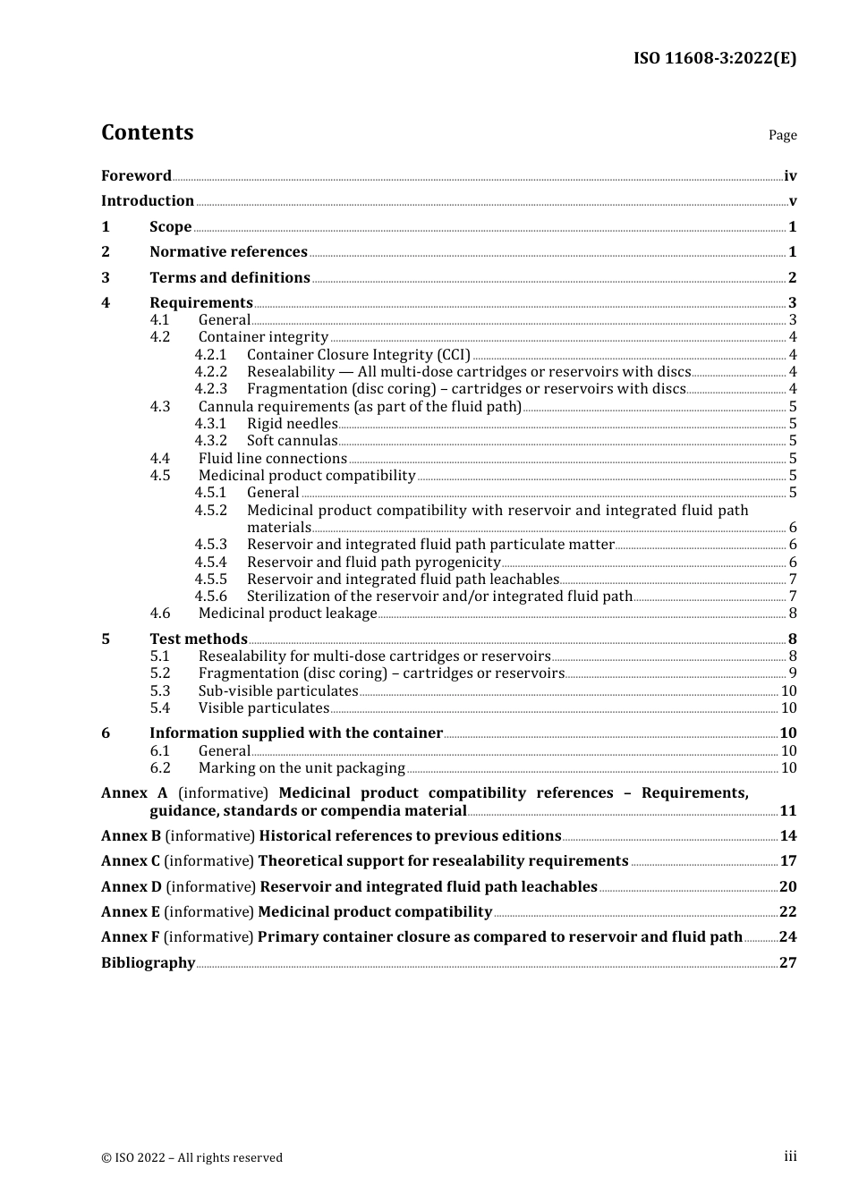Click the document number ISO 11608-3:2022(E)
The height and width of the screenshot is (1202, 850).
[x=714, y=58]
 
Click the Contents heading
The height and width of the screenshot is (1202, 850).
[x=147, y=132]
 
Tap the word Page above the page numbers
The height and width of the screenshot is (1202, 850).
[x=782, y=135]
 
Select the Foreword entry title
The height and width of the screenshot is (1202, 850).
[x=136, y=176]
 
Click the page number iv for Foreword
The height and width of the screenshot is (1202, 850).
[x=790, y=176]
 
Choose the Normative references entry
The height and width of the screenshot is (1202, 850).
[x=228, y=252]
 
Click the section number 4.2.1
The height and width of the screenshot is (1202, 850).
[x=211, y=355]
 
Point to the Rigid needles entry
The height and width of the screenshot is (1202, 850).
[x=292, y=424]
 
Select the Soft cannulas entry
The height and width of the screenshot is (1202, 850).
[x=292, y=441]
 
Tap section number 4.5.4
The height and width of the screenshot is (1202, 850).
[x=211, y=563]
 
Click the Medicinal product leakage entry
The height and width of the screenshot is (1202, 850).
[x=287, y=614]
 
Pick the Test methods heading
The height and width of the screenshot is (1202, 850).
[x=198, y=639]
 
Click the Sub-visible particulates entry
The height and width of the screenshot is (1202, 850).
[x=277, y=691]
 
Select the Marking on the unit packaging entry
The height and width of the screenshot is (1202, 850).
[x=302, y=768]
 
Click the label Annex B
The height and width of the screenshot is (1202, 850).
[x=131, y=836]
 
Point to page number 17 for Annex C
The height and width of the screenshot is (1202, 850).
[x=788, y=861]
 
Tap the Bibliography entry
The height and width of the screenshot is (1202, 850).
[x=148, y=963]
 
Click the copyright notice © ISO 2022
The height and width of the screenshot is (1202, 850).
[x=191, y=1157]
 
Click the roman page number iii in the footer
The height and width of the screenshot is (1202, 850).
[x=790, y=1156]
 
